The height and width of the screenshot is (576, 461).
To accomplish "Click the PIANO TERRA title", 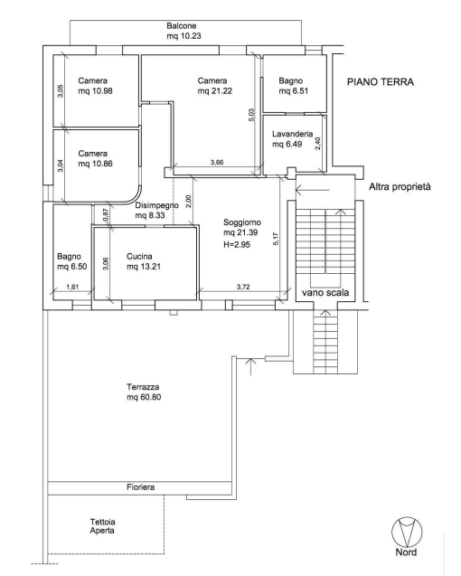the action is pos(381,81).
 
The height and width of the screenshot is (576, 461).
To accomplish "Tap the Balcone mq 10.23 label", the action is pos(183,31).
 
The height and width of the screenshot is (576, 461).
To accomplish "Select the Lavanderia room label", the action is pos(292,139).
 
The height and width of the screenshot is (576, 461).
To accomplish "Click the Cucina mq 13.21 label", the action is pos(143,261).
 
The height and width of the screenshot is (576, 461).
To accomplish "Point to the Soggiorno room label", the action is pos(242,227).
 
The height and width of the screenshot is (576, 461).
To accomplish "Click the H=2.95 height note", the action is pos(237,244).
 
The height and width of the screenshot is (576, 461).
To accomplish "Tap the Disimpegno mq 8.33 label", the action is pos(156,210).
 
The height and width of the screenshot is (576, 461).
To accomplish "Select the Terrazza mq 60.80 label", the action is pos(144,392).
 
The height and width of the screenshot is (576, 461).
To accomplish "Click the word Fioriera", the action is pos(141,487).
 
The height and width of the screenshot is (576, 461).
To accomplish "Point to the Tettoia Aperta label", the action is pos(102,526).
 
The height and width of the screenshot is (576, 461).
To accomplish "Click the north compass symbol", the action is pos(407,532).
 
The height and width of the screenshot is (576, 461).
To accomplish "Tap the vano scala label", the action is pos(325,293).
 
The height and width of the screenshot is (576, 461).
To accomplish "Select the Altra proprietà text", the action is pos(400,187).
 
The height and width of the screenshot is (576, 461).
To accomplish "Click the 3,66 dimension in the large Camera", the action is pos(217,162).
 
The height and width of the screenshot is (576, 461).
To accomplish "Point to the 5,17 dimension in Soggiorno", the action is pos(276,239).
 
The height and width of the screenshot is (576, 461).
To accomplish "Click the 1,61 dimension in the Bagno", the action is pos(72,288).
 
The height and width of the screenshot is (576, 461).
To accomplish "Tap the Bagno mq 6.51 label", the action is pos(293,86).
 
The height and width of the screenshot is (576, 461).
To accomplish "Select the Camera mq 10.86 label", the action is pos(95,158).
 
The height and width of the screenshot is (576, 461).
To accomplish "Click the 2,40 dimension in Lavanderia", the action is pos(318,143).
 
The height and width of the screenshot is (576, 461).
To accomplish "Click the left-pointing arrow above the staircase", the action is pos(312,190).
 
